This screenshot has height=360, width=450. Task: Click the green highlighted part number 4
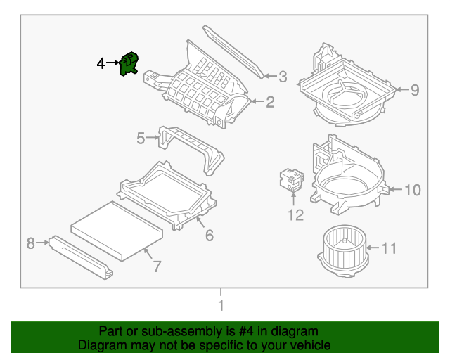point(129,64)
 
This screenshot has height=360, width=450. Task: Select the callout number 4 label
point(101,64)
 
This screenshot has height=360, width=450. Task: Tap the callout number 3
point(283,76)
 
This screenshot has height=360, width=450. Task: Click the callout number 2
point(269,103)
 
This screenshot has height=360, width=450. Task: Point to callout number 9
point(414,89)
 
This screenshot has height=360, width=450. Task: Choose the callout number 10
point(412,190)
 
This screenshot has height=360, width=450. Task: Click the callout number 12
point(295,215)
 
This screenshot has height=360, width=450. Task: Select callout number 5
point(141,138)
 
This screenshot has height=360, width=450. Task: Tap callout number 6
point(209,236)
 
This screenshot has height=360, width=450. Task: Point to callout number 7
point(157,266)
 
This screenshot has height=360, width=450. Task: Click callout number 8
point(30,243)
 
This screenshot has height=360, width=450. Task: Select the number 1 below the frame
point(221,305)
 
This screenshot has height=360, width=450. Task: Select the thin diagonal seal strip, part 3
point(233,51)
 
